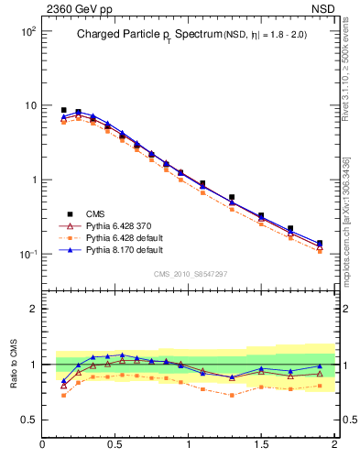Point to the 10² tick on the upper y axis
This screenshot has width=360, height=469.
(27, 31)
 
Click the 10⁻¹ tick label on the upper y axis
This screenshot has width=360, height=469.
(27, 254)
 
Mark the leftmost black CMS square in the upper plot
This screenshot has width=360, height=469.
(63, 110)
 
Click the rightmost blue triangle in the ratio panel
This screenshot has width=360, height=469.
(320, 366)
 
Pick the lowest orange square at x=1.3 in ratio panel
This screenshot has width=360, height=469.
(232, 395)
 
